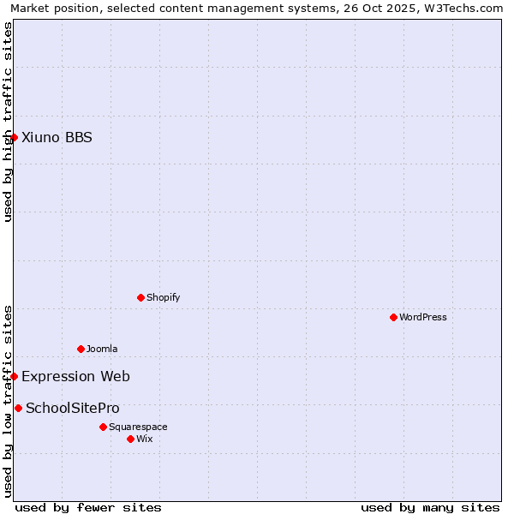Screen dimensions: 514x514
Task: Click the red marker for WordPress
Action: click(393, 317)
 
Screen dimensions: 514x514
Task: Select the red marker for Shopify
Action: click(140, 297)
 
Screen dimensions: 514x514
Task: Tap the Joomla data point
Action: click(81, 349)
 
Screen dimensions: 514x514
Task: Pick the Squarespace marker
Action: click(103, 427)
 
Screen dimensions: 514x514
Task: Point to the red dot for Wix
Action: click(130, 439)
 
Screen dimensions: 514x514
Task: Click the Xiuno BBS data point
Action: click(14, 137)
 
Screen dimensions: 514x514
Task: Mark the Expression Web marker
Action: click(14, 376)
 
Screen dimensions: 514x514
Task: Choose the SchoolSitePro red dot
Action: click(18, 408)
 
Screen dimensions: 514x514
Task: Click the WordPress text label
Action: click(423, 317)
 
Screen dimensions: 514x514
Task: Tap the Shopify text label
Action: click(163, 297)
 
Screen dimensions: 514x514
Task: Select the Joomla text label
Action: click(102, 349)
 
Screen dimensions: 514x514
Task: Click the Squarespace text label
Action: click(138, 427)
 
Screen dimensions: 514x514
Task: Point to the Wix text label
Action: click(144, 439)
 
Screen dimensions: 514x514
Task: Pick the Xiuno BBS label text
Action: click(57, 137)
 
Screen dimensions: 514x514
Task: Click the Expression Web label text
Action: click(75, 376)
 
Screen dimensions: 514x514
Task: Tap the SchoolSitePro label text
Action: click(73, 408)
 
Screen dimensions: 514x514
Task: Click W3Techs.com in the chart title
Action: click(467, 9)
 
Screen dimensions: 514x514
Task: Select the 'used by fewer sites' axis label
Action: click(88, 507)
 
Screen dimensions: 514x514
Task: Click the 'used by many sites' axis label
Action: click(430, 507)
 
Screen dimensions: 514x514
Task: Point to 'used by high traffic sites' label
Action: click(8, 122)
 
